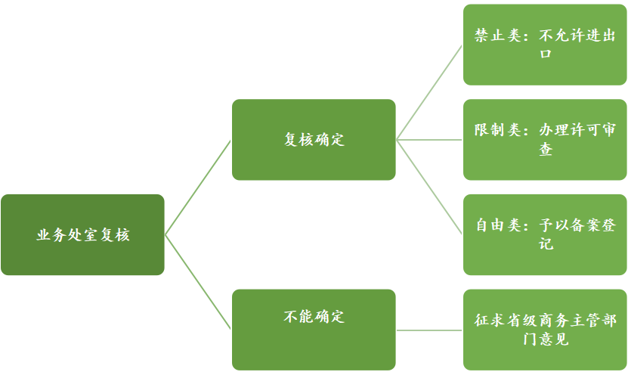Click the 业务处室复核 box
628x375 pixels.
coord(82,234)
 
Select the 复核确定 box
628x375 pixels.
coord(314,139)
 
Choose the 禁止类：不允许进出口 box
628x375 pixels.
coord(544,45)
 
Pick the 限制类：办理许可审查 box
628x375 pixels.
coord(544,139)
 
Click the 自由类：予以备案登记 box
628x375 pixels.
coord(544,234)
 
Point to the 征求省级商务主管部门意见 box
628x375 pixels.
coord(544,330)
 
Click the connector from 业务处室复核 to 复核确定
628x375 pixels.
coord(198,187)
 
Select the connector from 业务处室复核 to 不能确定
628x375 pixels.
coord(198,282)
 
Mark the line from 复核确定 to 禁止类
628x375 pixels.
coord(429,92)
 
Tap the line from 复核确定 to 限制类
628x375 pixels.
coord(429,139)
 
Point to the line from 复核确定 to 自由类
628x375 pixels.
coord(429,187)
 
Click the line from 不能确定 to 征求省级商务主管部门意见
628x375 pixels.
coord(429,330)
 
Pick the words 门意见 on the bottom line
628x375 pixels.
coord(545,339)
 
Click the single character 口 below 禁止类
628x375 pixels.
coord(545,54)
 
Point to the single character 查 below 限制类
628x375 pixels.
coord(545,149)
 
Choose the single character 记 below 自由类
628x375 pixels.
coord(545,244)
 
